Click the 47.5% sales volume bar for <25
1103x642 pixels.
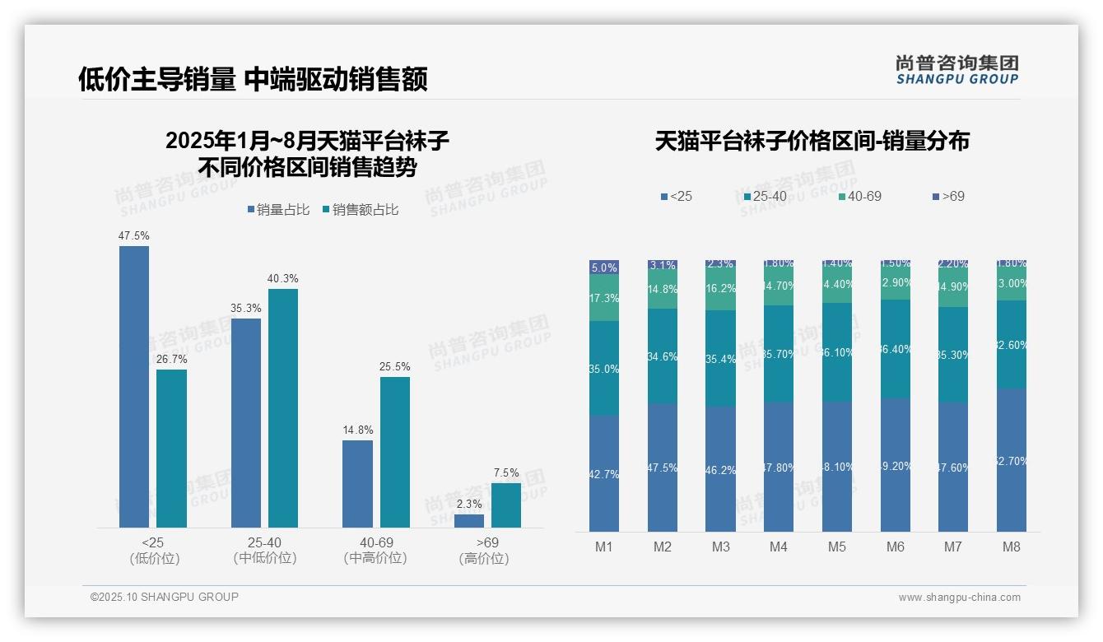click(x=134, y=387)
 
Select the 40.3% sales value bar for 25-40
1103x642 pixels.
click(x=283, y=408)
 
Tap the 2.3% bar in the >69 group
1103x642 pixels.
click(x=469, y=521)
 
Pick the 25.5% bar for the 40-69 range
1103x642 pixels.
click(x=395, y=452)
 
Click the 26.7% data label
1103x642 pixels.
click(x=172, y=359)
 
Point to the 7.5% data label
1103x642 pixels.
click(x=506, y=472)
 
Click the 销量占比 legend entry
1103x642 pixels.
click(x=278, y=210)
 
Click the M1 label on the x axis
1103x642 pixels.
click(x=603, y=547)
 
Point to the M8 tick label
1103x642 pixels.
click(x=1012, y=547)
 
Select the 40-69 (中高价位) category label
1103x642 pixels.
click(x=376, y=550)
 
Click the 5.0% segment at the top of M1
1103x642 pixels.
click(x=604, y=267)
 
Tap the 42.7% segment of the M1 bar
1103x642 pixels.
click(x=604, y=473)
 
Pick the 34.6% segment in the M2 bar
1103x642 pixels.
click(x=663, y=356)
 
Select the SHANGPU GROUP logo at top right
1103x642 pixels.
click(x=956, y=69)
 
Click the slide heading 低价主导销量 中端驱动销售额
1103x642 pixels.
click(x=253, y=80)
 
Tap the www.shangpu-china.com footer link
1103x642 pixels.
click(x=959, y=598)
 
